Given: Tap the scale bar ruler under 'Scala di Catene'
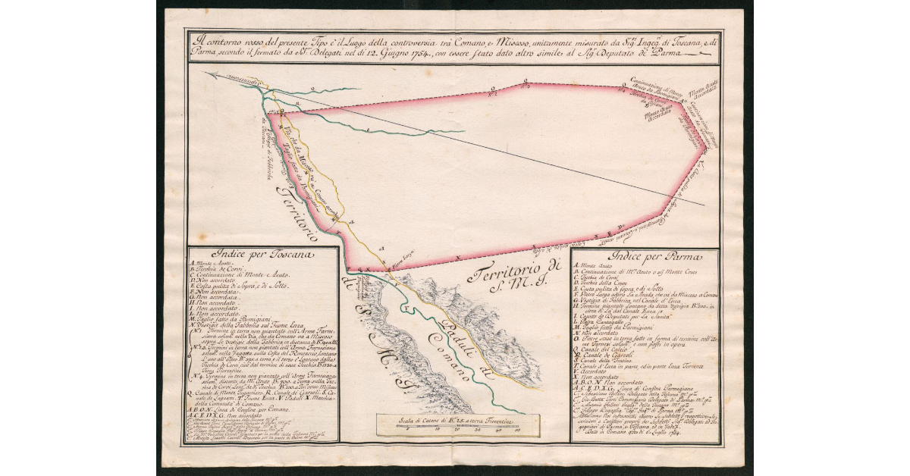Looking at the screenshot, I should pyautogui.click(x=460, y=429).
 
